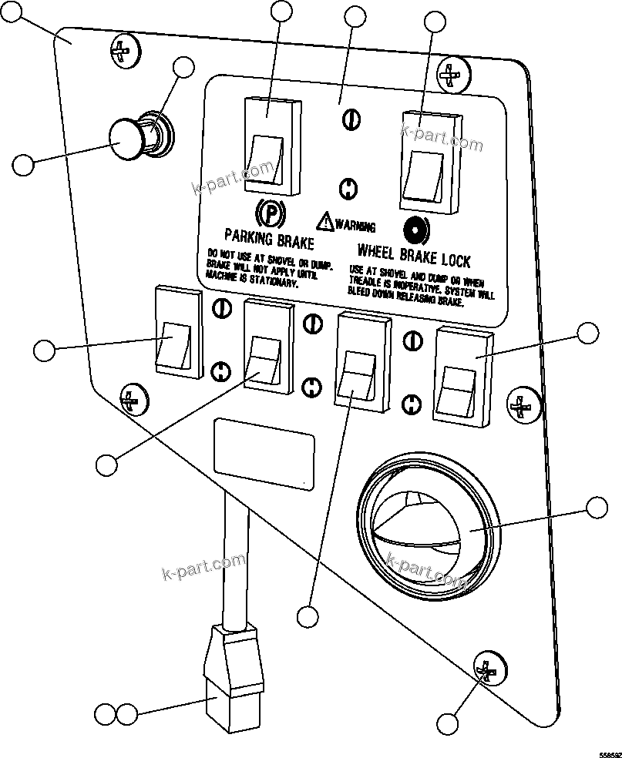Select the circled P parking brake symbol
tap(267, 210)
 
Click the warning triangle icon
tap(327, 222)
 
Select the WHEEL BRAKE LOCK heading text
tap(413, 255)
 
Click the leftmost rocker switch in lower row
tap(180, 331)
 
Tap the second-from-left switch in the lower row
tap(267, 346)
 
